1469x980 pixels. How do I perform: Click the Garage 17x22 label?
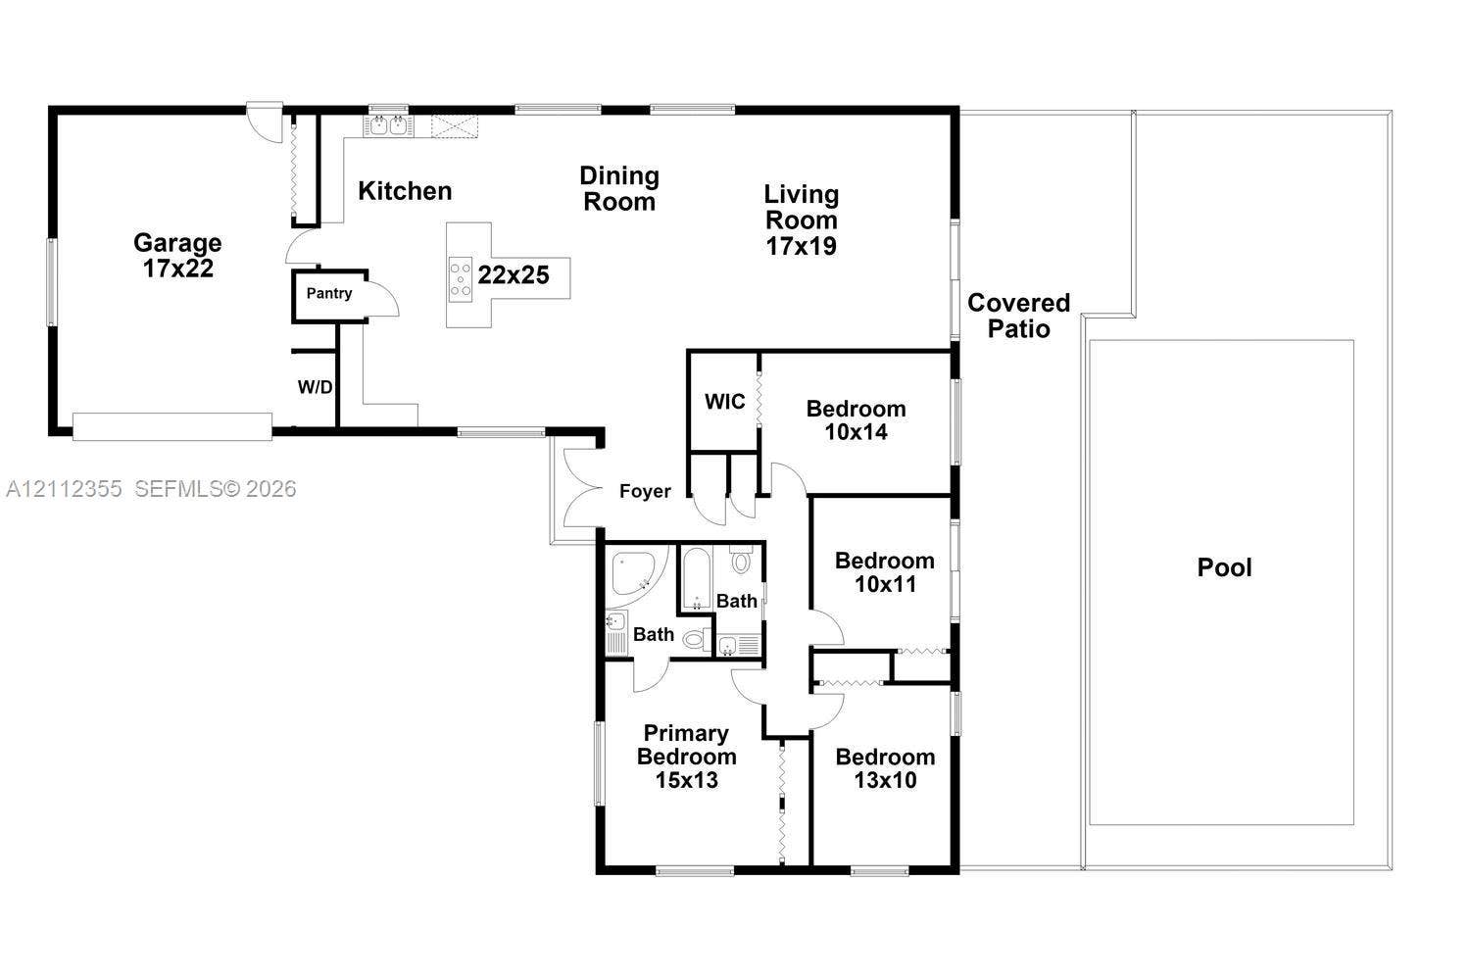(x=177, y=255)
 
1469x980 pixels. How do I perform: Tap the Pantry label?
(x=329, y=293)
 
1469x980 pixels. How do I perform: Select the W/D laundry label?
(x=315, y=387)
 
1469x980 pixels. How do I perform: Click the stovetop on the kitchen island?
(x=461, y=279)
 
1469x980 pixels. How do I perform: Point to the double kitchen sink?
(x=389, y=125)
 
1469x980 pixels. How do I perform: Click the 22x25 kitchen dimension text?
(x=514, y=274)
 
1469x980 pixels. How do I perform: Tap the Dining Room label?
(x=619, y=188)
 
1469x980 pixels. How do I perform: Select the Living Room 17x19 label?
(x=802, y=220)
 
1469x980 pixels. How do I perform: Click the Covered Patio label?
(x=1018, y=316)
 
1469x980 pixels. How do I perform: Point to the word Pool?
(x=1224, y=567)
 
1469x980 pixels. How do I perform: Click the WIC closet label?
(x=724, y=401)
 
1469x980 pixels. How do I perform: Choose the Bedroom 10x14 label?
(x=856, y=419)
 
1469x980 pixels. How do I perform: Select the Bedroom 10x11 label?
(x=885, y=572)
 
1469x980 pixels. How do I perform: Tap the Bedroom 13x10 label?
(x=885, y=768)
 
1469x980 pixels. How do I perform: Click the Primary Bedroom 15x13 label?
(x=687, y=757)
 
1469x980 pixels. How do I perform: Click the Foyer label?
(x=645, y=491)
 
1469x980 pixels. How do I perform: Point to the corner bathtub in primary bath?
(x=636, y=573)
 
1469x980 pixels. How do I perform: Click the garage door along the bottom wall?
(x=172, y=426)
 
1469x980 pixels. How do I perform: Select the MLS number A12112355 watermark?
(x=64, y=489)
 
